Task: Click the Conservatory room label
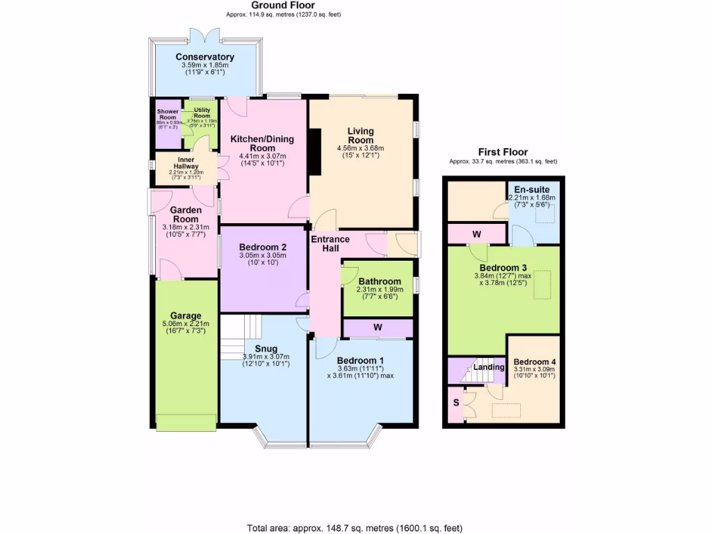204,57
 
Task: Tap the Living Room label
360,136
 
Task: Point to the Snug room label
266,348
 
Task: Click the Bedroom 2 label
262,247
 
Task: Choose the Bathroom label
379,281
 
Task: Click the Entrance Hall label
330,245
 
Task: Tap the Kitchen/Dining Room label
262,143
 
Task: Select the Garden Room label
186,214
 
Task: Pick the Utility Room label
202,113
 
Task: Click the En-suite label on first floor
531,189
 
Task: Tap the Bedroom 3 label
503,268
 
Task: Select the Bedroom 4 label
534,362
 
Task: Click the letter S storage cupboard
456,402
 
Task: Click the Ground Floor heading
284,6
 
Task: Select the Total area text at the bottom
355,528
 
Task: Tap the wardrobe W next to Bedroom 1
378,327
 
